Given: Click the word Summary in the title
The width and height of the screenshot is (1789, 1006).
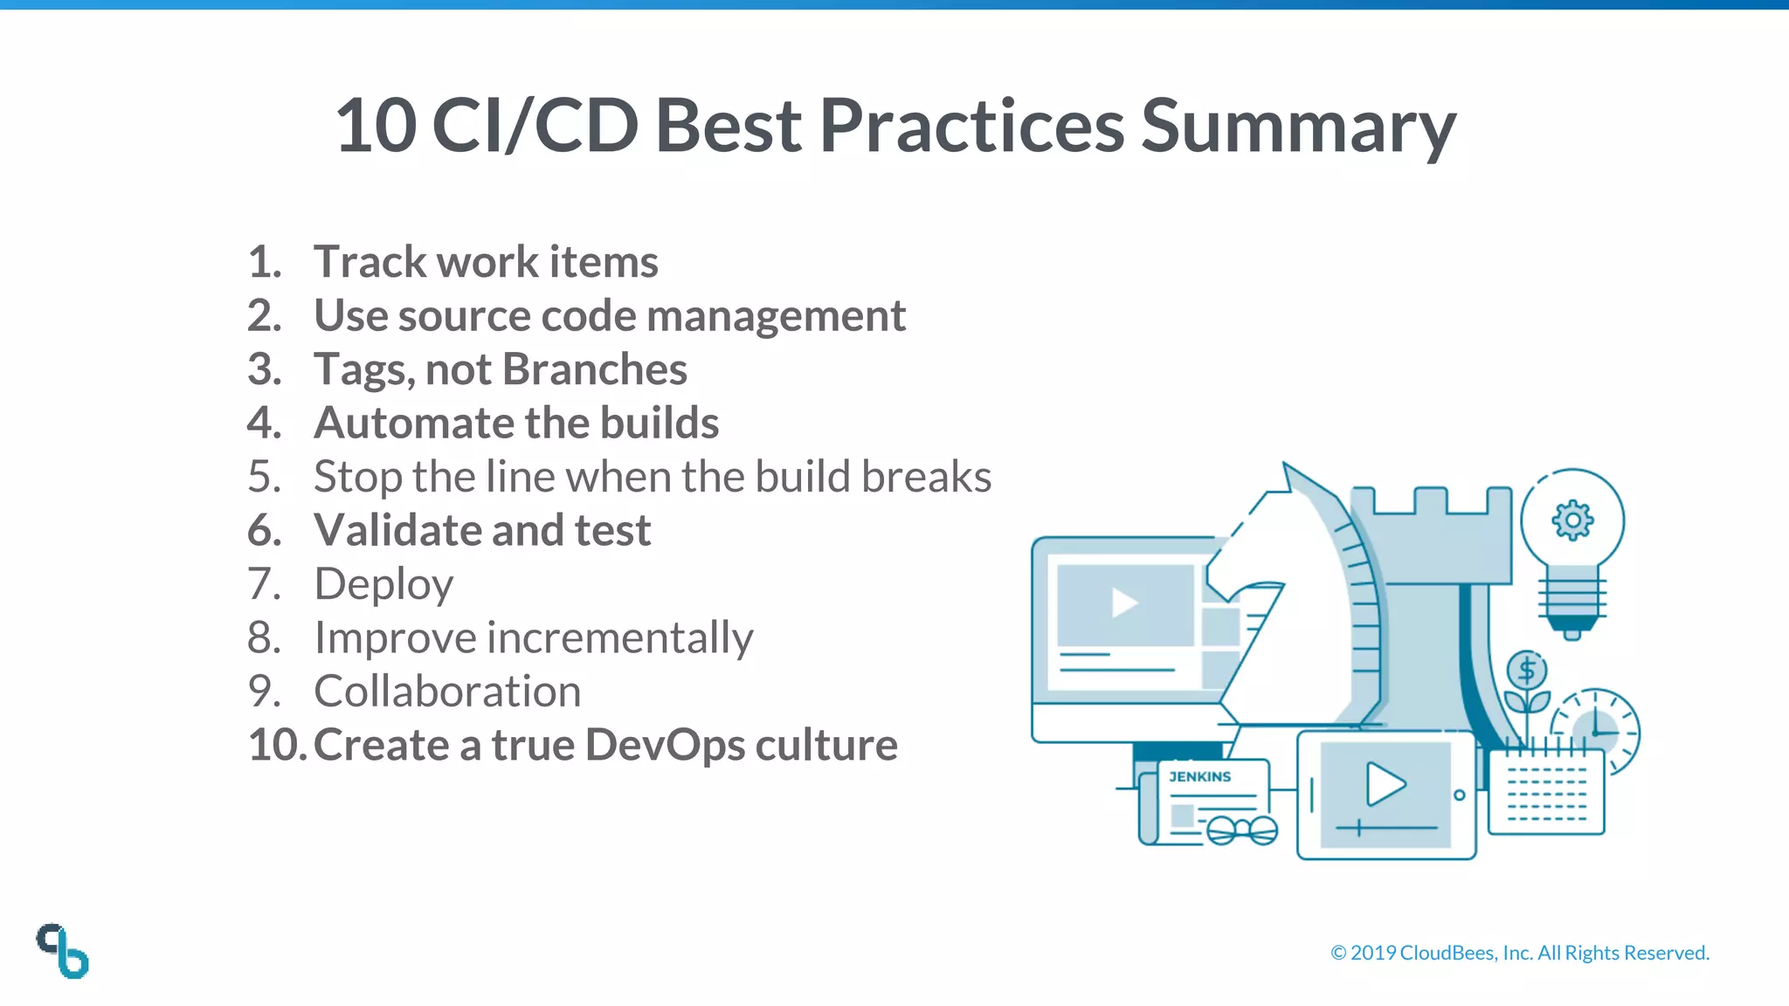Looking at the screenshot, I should pos(1298,127).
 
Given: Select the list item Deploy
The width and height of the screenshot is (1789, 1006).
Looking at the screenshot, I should pos(383,584).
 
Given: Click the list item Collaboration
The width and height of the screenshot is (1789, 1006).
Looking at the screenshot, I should pos(447,692).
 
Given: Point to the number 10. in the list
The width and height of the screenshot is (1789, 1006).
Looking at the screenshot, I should pos(277,745).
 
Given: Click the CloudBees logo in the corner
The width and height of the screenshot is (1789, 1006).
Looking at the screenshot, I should pos(63,950).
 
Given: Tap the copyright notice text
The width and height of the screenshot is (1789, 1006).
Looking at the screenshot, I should pos(1519,953).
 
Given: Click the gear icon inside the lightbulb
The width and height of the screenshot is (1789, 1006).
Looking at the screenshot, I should pos(1572,520).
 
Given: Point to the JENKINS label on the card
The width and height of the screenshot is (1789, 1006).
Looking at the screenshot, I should pos(1199,776).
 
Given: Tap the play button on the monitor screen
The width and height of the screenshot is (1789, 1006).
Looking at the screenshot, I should pos(1123,603).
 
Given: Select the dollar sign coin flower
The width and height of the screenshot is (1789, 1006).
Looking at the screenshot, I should pos(1527,672).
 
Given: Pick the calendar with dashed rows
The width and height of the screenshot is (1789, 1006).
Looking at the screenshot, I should pos(1546,793).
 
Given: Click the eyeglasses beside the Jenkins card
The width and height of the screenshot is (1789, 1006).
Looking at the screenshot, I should pos(1242,830).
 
